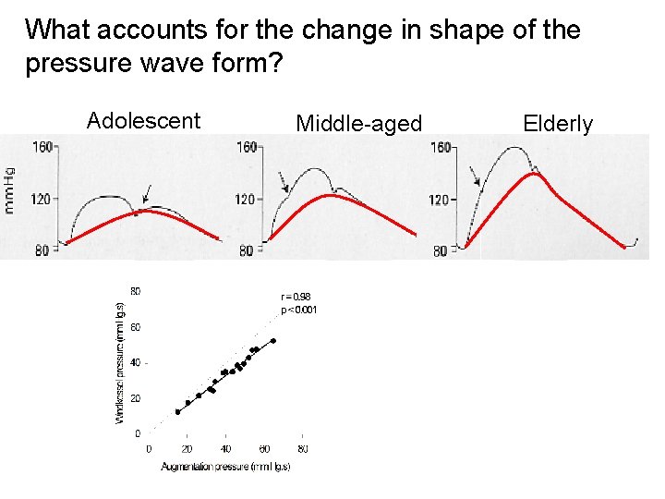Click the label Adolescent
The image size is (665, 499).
tap(143, 121)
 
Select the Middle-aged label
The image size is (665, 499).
tap(358, 124)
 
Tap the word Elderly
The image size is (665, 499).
tap(558, 124)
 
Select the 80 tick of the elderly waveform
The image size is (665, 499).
tap(441, 249)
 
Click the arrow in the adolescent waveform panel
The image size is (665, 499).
tap(149, 192)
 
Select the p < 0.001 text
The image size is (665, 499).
tap(299, 310)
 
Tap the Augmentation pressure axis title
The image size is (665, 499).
tap(225, 467)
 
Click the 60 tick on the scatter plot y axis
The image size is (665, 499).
tap(136, 327)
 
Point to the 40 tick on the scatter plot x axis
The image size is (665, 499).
tap(225, 449)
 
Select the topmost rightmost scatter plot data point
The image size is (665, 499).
tap(272, 340)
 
